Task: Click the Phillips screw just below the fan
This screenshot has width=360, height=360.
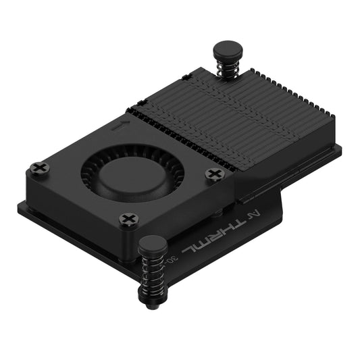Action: tap(129, 219)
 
